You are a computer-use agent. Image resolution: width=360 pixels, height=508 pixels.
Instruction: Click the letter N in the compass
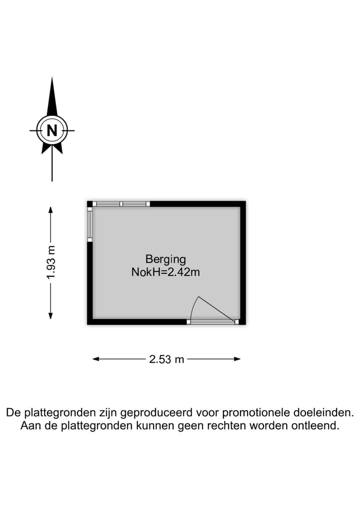[52, 130]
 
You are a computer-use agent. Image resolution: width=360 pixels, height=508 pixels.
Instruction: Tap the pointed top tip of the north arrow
[52, 79]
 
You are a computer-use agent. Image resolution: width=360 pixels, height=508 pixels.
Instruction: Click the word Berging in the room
[165, 259]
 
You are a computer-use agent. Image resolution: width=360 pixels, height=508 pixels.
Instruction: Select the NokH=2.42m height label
[165, 272]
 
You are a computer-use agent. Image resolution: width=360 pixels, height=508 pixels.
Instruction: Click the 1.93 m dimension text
[50, 263]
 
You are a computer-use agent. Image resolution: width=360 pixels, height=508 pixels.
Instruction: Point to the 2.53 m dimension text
[167, 359]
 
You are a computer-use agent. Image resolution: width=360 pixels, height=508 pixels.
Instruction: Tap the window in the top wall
[122, 204]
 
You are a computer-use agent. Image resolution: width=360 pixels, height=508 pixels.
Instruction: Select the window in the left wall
[90, 224]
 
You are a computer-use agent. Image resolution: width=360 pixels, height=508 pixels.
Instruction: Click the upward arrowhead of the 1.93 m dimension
[50, 209]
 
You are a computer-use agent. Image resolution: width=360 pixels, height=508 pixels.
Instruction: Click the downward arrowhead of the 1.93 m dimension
[50, 315]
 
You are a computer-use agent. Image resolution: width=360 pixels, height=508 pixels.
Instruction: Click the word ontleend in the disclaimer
[319, 426]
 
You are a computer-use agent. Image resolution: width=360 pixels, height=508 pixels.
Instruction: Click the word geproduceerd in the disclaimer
[157, 413]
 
